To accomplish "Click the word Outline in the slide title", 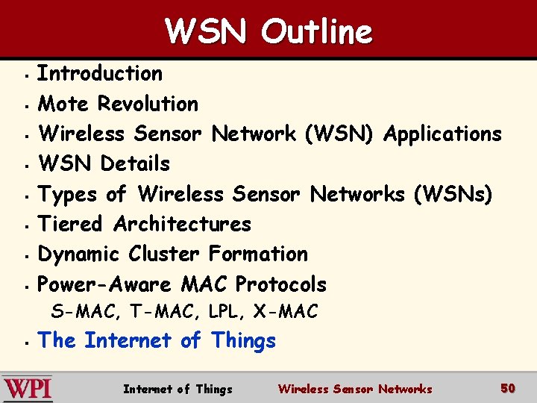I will [x=316, y=31].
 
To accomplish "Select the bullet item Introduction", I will [x=100, y=73].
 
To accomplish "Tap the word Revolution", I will [x=148, y=104].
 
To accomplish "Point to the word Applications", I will [x=442, y=134].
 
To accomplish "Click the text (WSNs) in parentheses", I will [x=453, y=195].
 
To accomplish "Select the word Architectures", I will [x=182, y=224].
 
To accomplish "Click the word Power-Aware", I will [x=105, y=284].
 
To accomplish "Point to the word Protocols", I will [x=280, y=284].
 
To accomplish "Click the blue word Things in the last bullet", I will [x=243, y=341].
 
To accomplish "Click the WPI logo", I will [x=28, y=388].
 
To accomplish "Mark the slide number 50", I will [x=508, y=388].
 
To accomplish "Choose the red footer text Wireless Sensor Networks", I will [x=355, y=389].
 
